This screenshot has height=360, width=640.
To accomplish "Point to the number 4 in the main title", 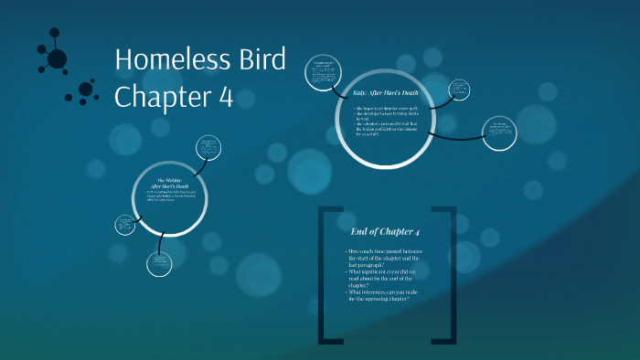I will point(235,96).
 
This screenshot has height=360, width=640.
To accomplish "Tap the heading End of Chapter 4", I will point(386,231).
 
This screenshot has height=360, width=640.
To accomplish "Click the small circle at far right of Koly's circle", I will point(499,133).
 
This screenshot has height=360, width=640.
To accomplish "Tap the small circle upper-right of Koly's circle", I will point(459,90).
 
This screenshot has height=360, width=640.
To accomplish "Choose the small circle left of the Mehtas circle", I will point(125,225).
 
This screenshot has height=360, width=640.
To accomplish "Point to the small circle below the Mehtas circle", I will point(159,264).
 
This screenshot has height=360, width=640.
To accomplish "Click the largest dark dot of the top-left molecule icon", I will point(58,59).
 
